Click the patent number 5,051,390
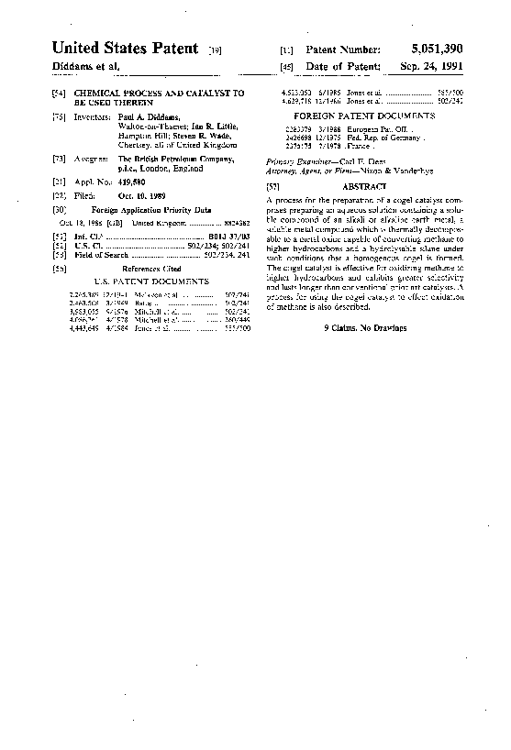click(431, 48)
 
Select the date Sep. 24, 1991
click(431, 67)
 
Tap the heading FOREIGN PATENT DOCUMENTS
click(364, 116)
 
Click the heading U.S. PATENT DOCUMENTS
click(152, 281)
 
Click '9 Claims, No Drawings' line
click(364, 327)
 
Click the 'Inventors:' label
click(92, 118)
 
